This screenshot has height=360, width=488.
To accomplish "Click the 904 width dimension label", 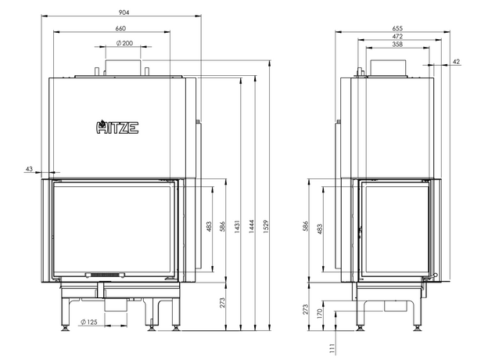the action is [124, 13].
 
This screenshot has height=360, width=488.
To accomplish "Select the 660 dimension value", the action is [120, 29].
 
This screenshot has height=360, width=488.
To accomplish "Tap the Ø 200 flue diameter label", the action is [124, 43].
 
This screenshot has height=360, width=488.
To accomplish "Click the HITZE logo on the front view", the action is [117, 127].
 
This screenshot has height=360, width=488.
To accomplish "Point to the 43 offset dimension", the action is [29, 169].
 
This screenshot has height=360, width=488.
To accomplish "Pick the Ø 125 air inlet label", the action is [89, 322].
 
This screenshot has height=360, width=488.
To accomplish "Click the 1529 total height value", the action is [266, 226].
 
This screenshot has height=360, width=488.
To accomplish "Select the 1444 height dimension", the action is [252, 226].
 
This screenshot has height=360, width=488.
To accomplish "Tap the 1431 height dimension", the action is [237, 226].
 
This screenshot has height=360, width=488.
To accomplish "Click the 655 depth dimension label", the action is [397, 29].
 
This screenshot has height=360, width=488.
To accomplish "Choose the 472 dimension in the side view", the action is [397, 37].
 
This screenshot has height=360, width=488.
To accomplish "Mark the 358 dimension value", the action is [397, 45].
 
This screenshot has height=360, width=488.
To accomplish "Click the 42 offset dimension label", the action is [456, 62].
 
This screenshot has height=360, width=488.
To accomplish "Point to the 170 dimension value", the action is [320, 313].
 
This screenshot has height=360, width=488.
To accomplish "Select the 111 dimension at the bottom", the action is [332, 348].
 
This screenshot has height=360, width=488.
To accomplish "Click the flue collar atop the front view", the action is [123, 67].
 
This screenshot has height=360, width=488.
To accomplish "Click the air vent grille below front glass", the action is [106, 275].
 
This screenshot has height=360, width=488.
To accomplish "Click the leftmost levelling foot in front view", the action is [66, 328].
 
